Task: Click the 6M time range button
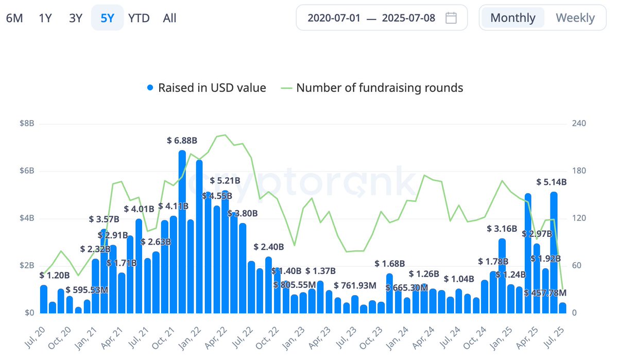(x=14, y=18)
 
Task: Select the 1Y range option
(x=45, y=18)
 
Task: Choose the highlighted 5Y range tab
(x=107, y=18)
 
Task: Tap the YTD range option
(x=139, y=18)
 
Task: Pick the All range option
(x=169, y=18)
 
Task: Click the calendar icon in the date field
(x=451, y=18)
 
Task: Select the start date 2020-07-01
(x=333, y=18)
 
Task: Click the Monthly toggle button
(x=512, y=18)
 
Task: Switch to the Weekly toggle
(x=575, y=18)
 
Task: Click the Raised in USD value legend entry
(x=206, y=88)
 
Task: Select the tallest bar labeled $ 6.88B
(x=182, y=232)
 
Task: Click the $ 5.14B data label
(x=551, y=182)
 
